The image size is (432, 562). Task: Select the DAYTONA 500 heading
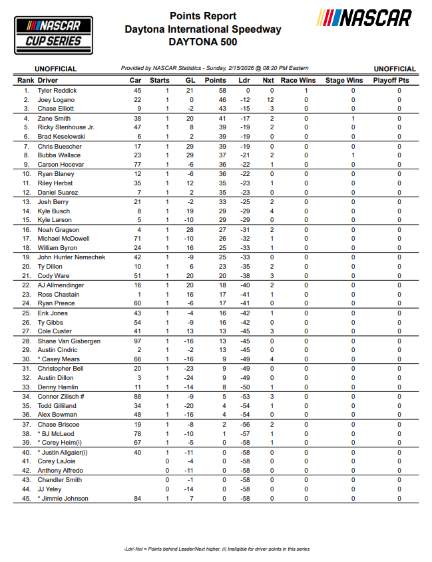[x=202, y=42]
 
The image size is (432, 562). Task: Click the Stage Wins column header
[x=344, y=80]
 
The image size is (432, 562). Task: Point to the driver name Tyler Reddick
[x=57, y=90]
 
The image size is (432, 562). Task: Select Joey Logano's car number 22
[x=138, y=99]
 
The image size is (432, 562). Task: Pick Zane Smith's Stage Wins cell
[x=353, y=118]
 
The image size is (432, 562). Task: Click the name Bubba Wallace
[x=60, y=155]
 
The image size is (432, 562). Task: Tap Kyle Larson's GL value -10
[x=189, y=220]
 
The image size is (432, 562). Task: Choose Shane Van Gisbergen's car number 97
[x=138, y=341]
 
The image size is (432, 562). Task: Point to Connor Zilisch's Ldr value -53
[x=245, y=396]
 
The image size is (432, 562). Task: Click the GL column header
[x=189, y=80]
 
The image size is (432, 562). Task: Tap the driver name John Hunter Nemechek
[x=71, y=257]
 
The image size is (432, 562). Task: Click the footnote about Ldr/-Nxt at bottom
[x=216, y=549]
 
